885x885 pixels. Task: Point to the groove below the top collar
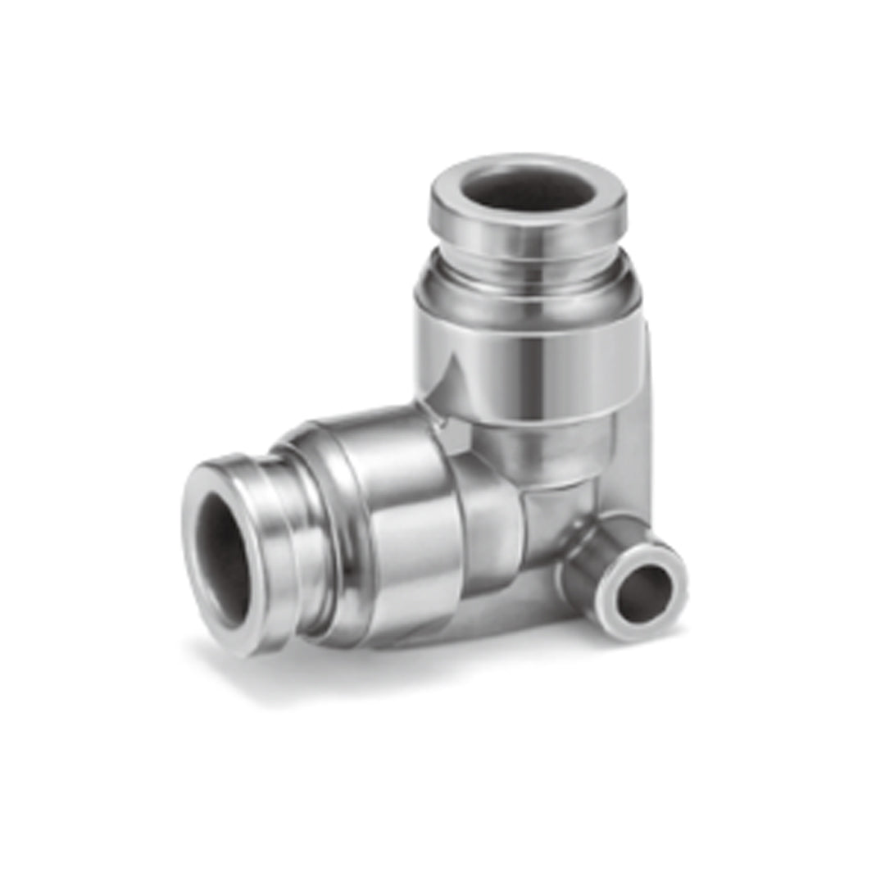click(528, 256)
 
